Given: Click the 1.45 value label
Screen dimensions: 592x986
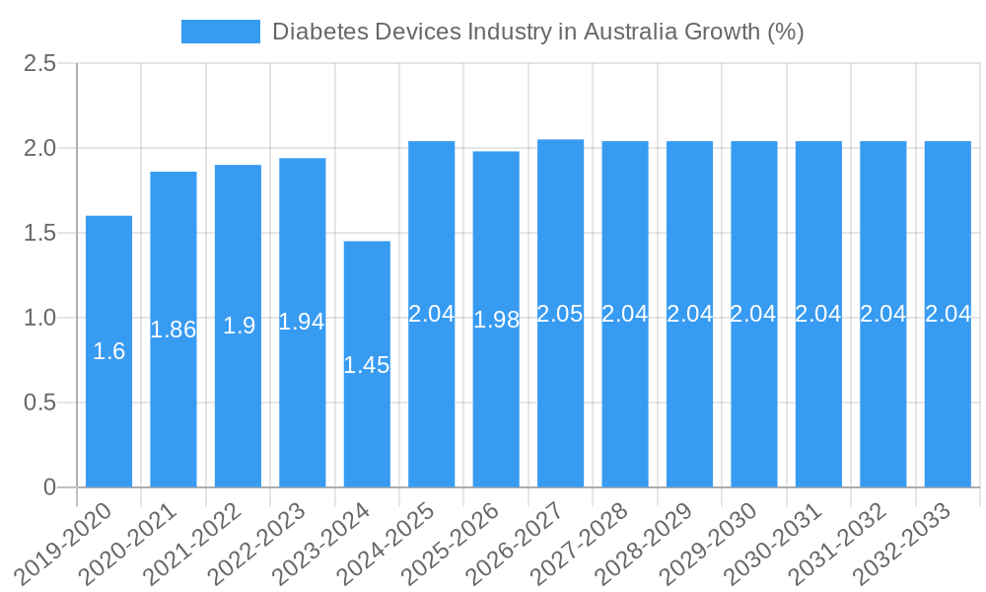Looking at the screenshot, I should pos(367,365).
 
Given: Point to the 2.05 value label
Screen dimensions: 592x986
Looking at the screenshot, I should pos(560,314).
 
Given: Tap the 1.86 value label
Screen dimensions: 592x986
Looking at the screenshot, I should pos(174,330).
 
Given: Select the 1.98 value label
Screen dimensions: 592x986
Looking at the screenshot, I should pos(496,320).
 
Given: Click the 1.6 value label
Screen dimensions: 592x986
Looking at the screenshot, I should pos(108,351).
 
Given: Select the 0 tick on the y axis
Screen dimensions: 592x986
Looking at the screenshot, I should pos(51,487).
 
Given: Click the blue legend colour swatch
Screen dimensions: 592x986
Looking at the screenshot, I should pos(221,32).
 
